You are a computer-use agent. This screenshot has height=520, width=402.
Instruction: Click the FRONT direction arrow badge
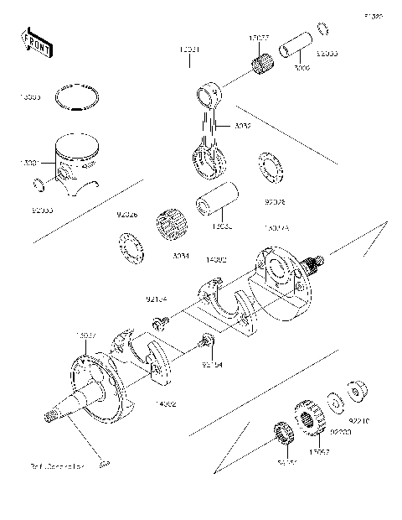(38, 43)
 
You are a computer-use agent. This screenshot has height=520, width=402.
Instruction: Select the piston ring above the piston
(76, 98)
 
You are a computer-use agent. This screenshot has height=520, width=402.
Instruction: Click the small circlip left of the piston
(37, 185)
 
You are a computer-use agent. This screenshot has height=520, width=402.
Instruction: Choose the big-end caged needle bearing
(170, 228)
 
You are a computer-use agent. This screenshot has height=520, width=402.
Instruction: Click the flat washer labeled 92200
(334, 400)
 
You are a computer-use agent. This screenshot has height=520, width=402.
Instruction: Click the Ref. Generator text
(58, 465)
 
